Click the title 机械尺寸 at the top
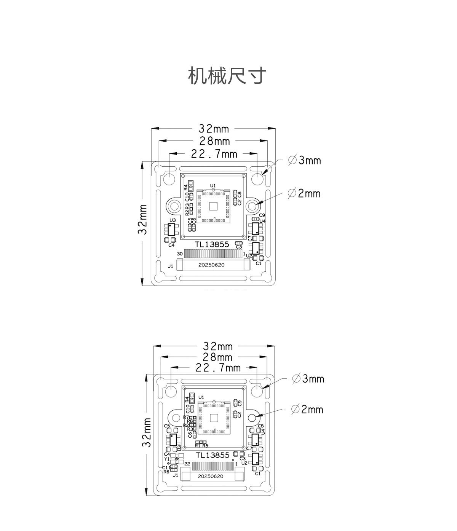227,76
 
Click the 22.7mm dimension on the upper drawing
214,154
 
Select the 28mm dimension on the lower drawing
217,357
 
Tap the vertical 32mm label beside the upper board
143,220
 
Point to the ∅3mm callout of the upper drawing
305,160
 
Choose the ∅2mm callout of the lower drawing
307,410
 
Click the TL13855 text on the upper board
212,245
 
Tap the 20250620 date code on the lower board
211,476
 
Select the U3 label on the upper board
173,220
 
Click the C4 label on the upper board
171,245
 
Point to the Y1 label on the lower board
167,459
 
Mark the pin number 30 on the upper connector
180,254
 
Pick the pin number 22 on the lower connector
187,464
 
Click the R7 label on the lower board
186,418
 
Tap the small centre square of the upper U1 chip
213,206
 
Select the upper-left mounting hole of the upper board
169,178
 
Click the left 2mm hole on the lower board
176,418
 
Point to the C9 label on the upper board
262,215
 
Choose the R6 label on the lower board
166,472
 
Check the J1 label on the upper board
170,266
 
